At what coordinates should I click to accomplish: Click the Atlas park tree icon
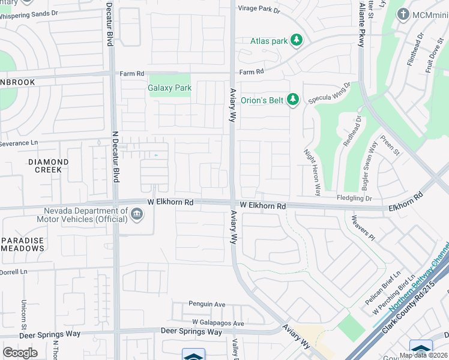tap(295, 41)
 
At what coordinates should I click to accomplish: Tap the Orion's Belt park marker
tap(292, 100)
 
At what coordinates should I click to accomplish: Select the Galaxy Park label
tap(169, 88)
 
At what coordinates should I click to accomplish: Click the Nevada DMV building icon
tap(137, 214)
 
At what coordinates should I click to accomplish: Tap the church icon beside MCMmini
tap(403, 14)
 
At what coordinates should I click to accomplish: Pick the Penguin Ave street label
tap(206, 305)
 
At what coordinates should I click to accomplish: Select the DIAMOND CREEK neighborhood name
tap(48, 166)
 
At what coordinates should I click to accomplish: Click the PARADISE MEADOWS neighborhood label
tap(22, 245)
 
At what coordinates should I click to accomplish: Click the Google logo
tap(20, 352)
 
